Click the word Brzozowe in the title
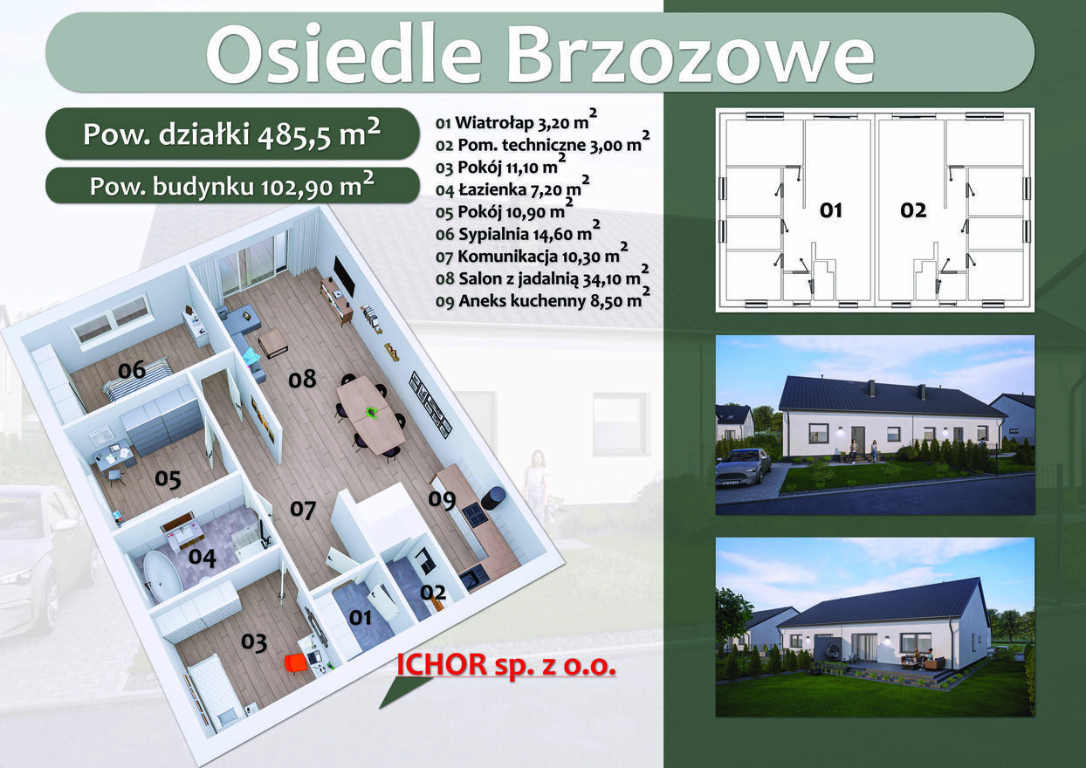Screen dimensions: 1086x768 coord(691,53)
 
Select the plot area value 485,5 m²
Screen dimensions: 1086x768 coord(319,134)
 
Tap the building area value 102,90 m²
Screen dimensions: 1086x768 coord(318,186)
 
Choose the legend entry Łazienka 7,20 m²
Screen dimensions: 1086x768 coord(512,189)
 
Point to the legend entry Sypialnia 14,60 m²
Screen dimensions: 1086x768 coord(518,233)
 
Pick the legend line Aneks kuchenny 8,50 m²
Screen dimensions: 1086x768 coord(542,299)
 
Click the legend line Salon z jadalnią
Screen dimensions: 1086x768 coord(541,278)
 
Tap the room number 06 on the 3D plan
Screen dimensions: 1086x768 coord(132,370)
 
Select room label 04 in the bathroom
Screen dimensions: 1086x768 coord(203,557)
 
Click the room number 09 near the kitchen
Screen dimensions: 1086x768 coord(442,499)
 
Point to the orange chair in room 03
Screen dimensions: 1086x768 coord(296,663)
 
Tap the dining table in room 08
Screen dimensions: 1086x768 coord(371,415)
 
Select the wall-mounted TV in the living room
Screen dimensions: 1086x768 coord(344,276)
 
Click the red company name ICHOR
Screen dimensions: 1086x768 coord(442,664)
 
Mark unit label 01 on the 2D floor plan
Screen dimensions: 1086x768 coord(830,210)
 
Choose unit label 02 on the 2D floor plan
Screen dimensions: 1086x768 coord(913,210)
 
